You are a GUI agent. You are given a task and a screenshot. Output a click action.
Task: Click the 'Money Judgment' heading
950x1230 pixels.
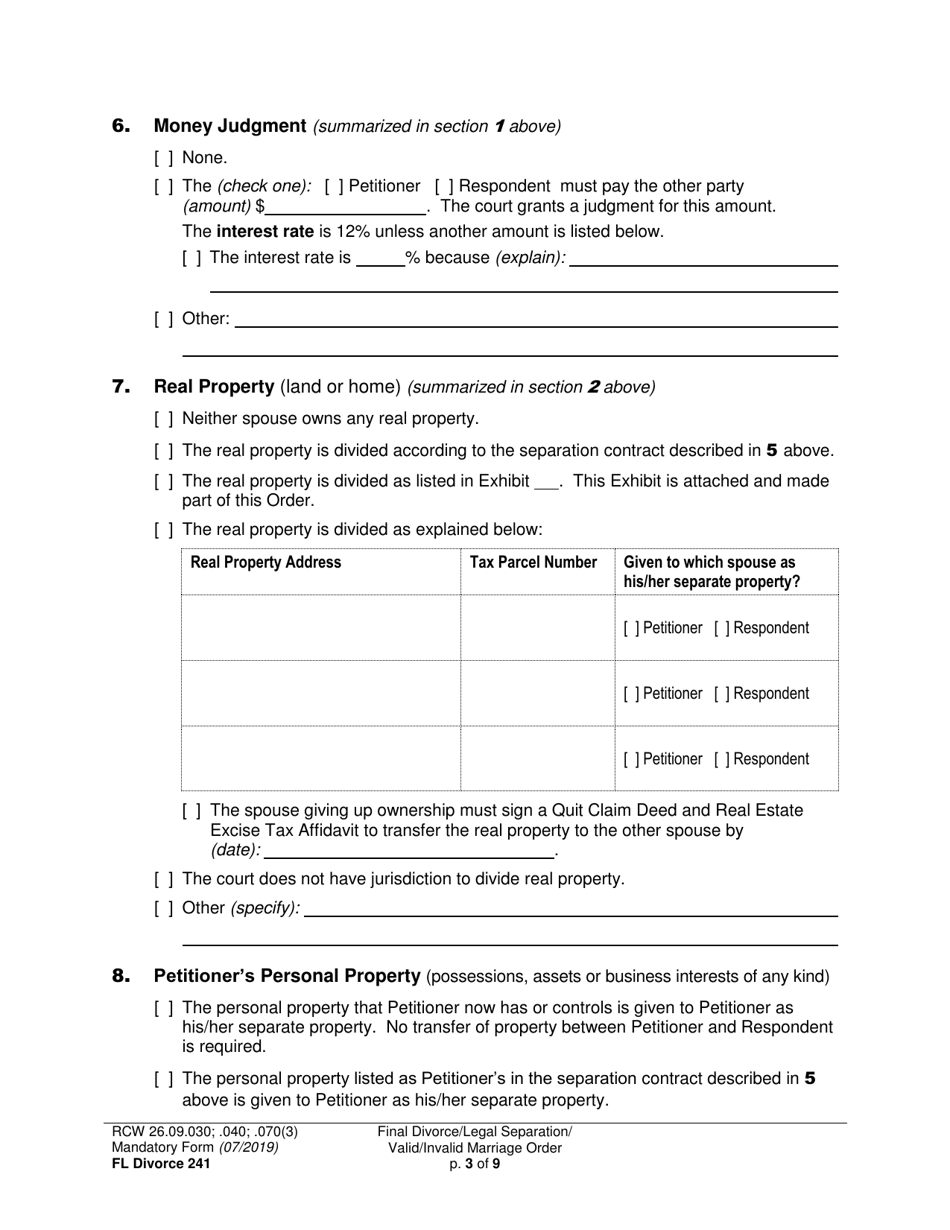pos(229,126)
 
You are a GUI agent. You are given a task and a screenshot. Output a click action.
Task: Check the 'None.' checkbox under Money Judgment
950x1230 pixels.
pos(163,158)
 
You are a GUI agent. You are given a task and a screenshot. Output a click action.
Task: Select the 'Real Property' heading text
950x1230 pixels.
pos(214,387)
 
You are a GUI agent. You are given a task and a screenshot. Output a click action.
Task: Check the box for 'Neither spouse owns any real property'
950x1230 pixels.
pos(163,419)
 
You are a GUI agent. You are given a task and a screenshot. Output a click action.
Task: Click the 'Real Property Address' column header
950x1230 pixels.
pos(266,562)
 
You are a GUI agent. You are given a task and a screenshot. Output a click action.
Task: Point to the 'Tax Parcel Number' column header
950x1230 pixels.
pos(533,562)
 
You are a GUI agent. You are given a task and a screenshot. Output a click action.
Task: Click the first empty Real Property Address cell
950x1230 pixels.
pos(320,628)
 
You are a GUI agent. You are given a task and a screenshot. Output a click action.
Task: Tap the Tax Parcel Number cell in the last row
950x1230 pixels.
pos(537,759)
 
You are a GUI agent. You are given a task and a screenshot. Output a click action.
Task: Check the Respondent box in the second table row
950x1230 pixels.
pos(722,694)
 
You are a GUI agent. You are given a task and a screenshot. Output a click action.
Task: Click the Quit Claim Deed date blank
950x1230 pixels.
pos(409,851)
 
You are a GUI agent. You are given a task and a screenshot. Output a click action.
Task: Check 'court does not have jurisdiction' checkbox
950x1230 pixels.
pos(163,879)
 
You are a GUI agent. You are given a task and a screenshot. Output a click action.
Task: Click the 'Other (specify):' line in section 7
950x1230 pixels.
pos(570,909)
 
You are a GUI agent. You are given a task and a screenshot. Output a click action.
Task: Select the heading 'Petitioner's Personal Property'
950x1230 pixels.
pos(286,976)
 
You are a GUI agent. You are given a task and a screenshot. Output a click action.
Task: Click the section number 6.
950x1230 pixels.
pos(121,126)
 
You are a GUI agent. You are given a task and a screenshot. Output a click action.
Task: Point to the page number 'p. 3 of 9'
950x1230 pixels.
pos(475,1163)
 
